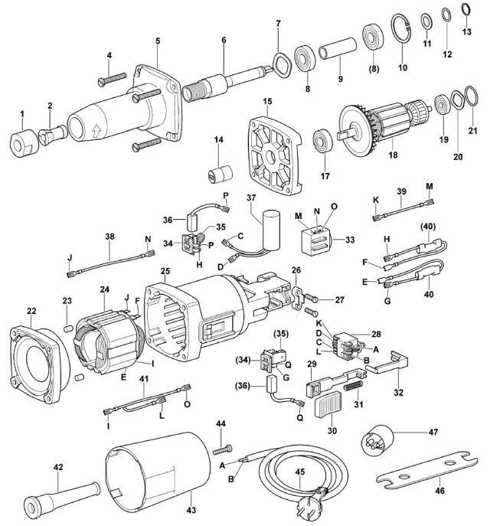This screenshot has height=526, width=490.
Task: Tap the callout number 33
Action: (x=350, y=239)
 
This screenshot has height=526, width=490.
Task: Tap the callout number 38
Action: (x=109, y=237)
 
